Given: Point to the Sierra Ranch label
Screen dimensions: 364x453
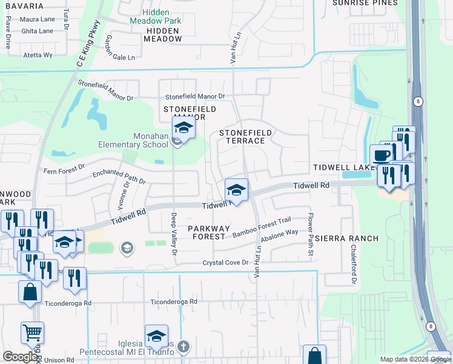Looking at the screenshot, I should tap(343, 238).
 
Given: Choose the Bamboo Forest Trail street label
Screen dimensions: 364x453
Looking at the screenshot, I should tap(262, 226).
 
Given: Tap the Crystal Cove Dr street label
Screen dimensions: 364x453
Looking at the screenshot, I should tap(225, 263).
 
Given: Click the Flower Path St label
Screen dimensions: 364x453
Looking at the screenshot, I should tap(311, 234).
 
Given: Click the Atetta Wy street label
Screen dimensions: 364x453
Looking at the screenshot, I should tap(38, 55).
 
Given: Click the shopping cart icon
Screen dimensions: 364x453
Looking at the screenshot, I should tap(33, 332).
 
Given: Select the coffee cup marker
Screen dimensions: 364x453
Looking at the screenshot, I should tap(381, 155).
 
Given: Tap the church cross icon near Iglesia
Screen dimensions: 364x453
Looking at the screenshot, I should tap(184, 347).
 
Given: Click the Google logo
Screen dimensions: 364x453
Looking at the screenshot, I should tap(20, 357).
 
